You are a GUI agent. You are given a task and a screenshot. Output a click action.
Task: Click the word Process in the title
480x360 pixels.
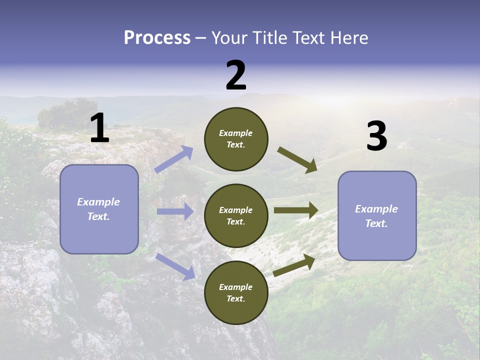(157, 37)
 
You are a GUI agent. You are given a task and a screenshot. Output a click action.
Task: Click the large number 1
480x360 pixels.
(99, 128)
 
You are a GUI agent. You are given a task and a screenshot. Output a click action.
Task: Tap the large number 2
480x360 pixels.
(236, 75)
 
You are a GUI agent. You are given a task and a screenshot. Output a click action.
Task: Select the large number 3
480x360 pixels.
(377, 136)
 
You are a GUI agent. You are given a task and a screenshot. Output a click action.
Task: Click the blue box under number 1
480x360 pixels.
(99, 209)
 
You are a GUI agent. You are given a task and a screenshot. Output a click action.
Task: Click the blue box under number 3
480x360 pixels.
(377, 215)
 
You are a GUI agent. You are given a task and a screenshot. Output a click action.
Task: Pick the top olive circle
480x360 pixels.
(236, 139)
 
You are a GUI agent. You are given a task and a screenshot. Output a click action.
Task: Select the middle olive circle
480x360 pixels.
(236, 215)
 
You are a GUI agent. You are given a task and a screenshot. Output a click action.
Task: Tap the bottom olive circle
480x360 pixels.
(236, 292)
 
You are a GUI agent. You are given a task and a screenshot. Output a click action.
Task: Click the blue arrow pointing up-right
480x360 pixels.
(174, 159)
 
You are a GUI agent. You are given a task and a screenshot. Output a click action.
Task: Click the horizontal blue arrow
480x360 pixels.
(175, 211)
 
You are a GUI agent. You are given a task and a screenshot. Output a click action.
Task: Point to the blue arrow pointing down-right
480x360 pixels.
(175, 266)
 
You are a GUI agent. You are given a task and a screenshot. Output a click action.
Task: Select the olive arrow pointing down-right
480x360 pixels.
(297, 159)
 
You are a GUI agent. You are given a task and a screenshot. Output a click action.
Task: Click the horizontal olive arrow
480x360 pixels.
(295, 210)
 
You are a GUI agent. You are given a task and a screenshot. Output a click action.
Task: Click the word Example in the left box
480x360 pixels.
(98, 202)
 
